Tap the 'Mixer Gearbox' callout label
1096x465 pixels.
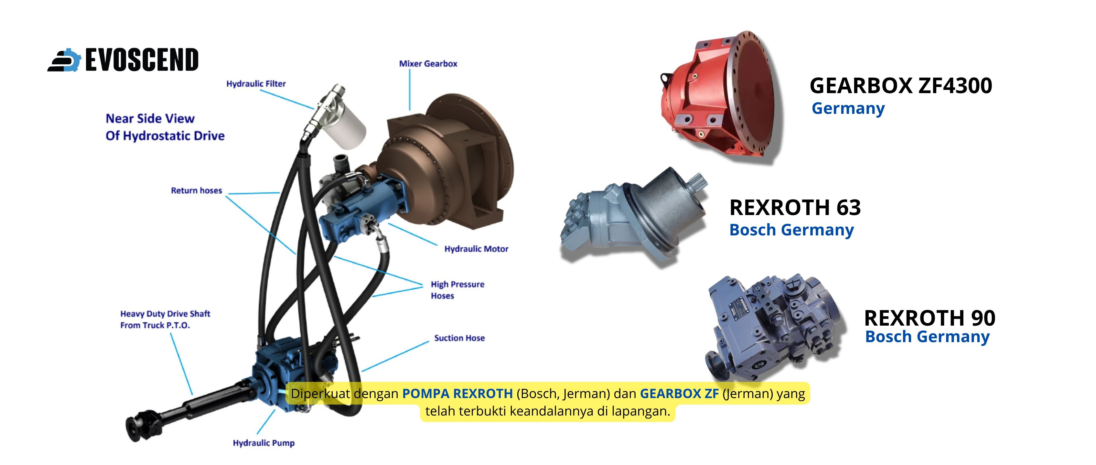[x=428, y=64]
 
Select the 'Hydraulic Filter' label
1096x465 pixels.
[x=256, y=84]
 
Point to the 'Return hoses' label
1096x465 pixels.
[x=196, y=190]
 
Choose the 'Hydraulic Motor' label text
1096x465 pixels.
[x=476, y=249]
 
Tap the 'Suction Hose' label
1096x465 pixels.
[x=459, y=338]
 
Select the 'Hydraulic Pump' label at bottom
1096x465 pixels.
[x=263, y=443]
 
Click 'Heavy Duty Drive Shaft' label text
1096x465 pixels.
[x=165, y=314]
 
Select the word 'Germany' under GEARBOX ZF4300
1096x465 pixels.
[x=848, y=108]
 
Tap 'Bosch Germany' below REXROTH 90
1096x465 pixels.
[x=927, y=337]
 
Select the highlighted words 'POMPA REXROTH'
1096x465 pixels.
[x=457, y=394]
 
